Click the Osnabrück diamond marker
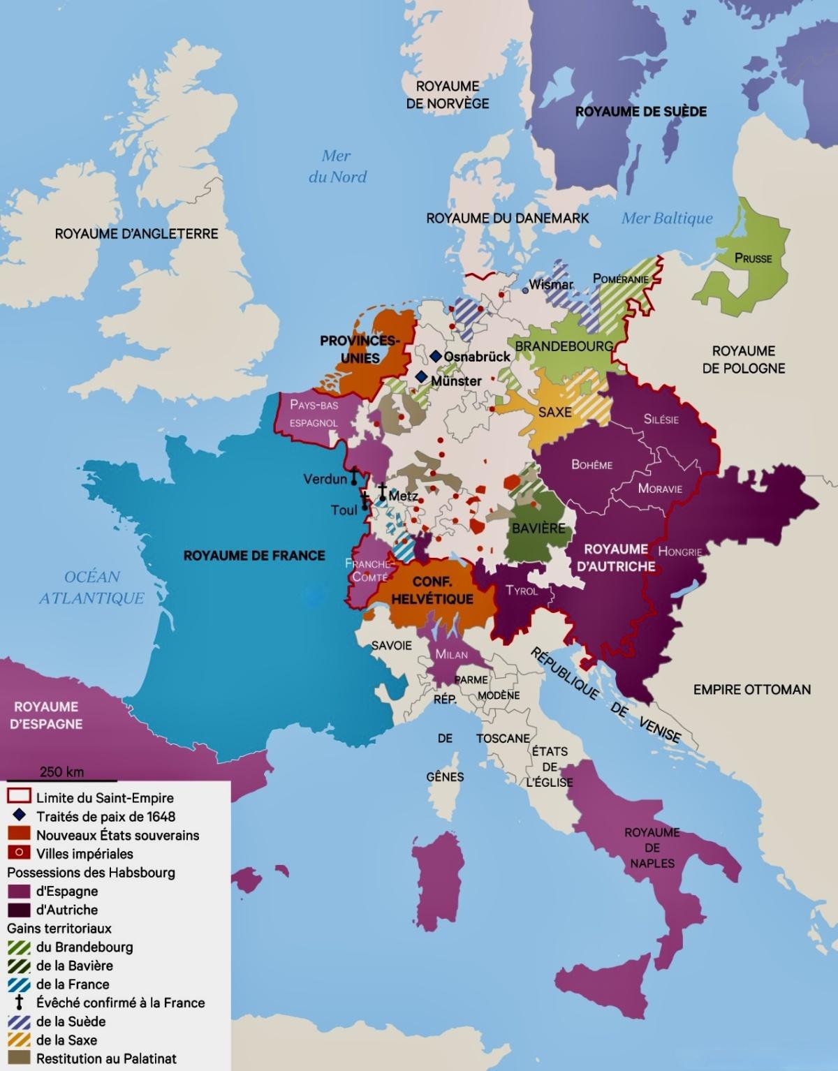(436, 356)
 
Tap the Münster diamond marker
(421, 377)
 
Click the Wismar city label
(551, 285)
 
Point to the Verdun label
(325, 479)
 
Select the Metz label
(404, 496)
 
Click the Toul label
(344, 510)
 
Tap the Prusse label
(753, 258)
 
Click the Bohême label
(591, 465)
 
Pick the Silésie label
(661, 420)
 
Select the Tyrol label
(522, 591)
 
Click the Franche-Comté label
(370, 570)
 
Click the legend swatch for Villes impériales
(19, 853)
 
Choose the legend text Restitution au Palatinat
(106, 1058)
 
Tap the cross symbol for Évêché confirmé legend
(19, 1003)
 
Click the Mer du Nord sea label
(337, 166)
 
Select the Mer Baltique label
(667, 219)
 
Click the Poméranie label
(620, 279)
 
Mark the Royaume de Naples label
(652, 848)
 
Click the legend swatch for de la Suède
(19, 1021)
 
